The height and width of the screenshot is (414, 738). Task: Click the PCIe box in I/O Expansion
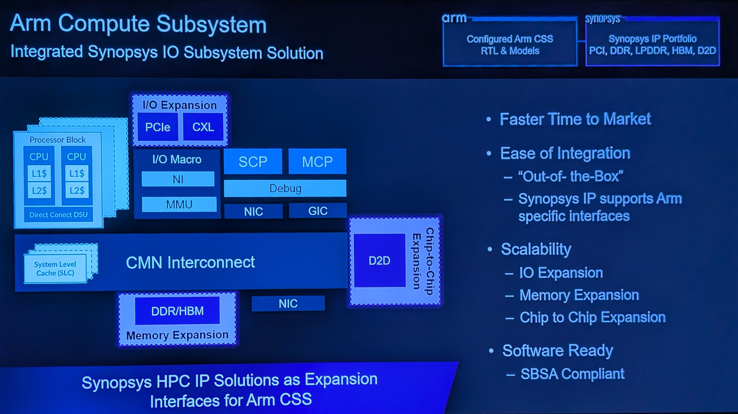(x=158, y=127)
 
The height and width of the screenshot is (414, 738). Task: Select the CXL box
(x=203, y=127)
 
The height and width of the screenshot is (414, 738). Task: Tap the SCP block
(x=253, y=162)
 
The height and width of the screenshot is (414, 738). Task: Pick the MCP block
(x=317, y=162)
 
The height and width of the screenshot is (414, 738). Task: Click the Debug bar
(x=285, y=189)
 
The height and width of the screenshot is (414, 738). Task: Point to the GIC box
(x=317, y=211)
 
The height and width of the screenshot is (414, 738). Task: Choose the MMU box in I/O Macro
(x=179, y=204)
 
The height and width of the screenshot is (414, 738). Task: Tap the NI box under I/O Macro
(x=178, y=179)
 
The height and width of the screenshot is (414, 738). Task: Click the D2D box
(x=379, y=261)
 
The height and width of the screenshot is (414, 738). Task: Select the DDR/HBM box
(x=177, y=311)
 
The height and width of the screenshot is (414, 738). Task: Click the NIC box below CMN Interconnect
(x=288, y=304)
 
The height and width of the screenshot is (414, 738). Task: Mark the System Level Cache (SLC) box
(x=55, y=269)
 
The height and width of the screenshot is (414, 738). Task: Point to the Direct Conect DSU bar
(x=58, y=215)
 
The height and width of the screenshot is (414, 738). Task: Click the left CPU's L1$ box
(x=39, y=174)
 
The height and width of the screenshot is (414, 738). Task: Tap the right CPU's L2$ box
(x=77, y=190)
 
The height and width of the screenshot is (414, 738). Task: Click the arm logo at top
(x=454, y=18)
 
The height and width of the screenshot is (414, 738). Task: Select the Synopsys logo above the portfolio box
(x=602, y=19)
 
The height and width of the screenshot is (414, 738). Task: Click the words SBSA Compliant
(x=572, y=374)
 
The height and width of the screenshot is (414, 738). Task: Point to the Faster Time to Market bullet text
(x=575, y=119)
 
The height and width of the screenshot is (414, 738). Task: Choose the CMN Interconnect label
(x=190, y=263)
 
